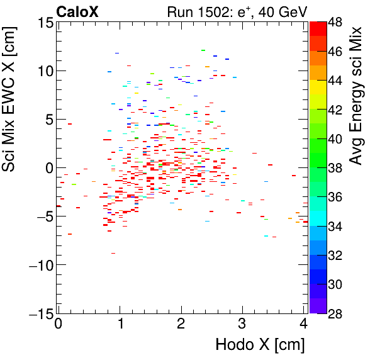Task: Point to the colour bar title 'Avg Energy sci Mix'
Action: pos(357,94)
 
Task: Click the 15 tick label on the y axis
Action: pos(43,23)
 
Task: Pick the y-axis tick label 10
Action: pos(43,71)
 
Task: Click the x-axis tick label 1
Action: pos(120,324)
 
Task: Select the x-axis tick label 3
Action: pos(242,324)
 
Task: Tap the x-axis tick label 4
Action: pos(303,324)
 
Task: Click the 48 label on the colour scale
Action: pos(336,23)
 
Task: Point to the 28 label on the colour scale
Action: pos(336,313)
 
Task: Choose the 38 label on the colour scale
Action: pos(336,168)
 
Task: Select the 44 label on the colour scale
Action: pos(336,81)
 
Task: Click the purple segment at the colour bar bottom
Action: pos(318,305)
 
